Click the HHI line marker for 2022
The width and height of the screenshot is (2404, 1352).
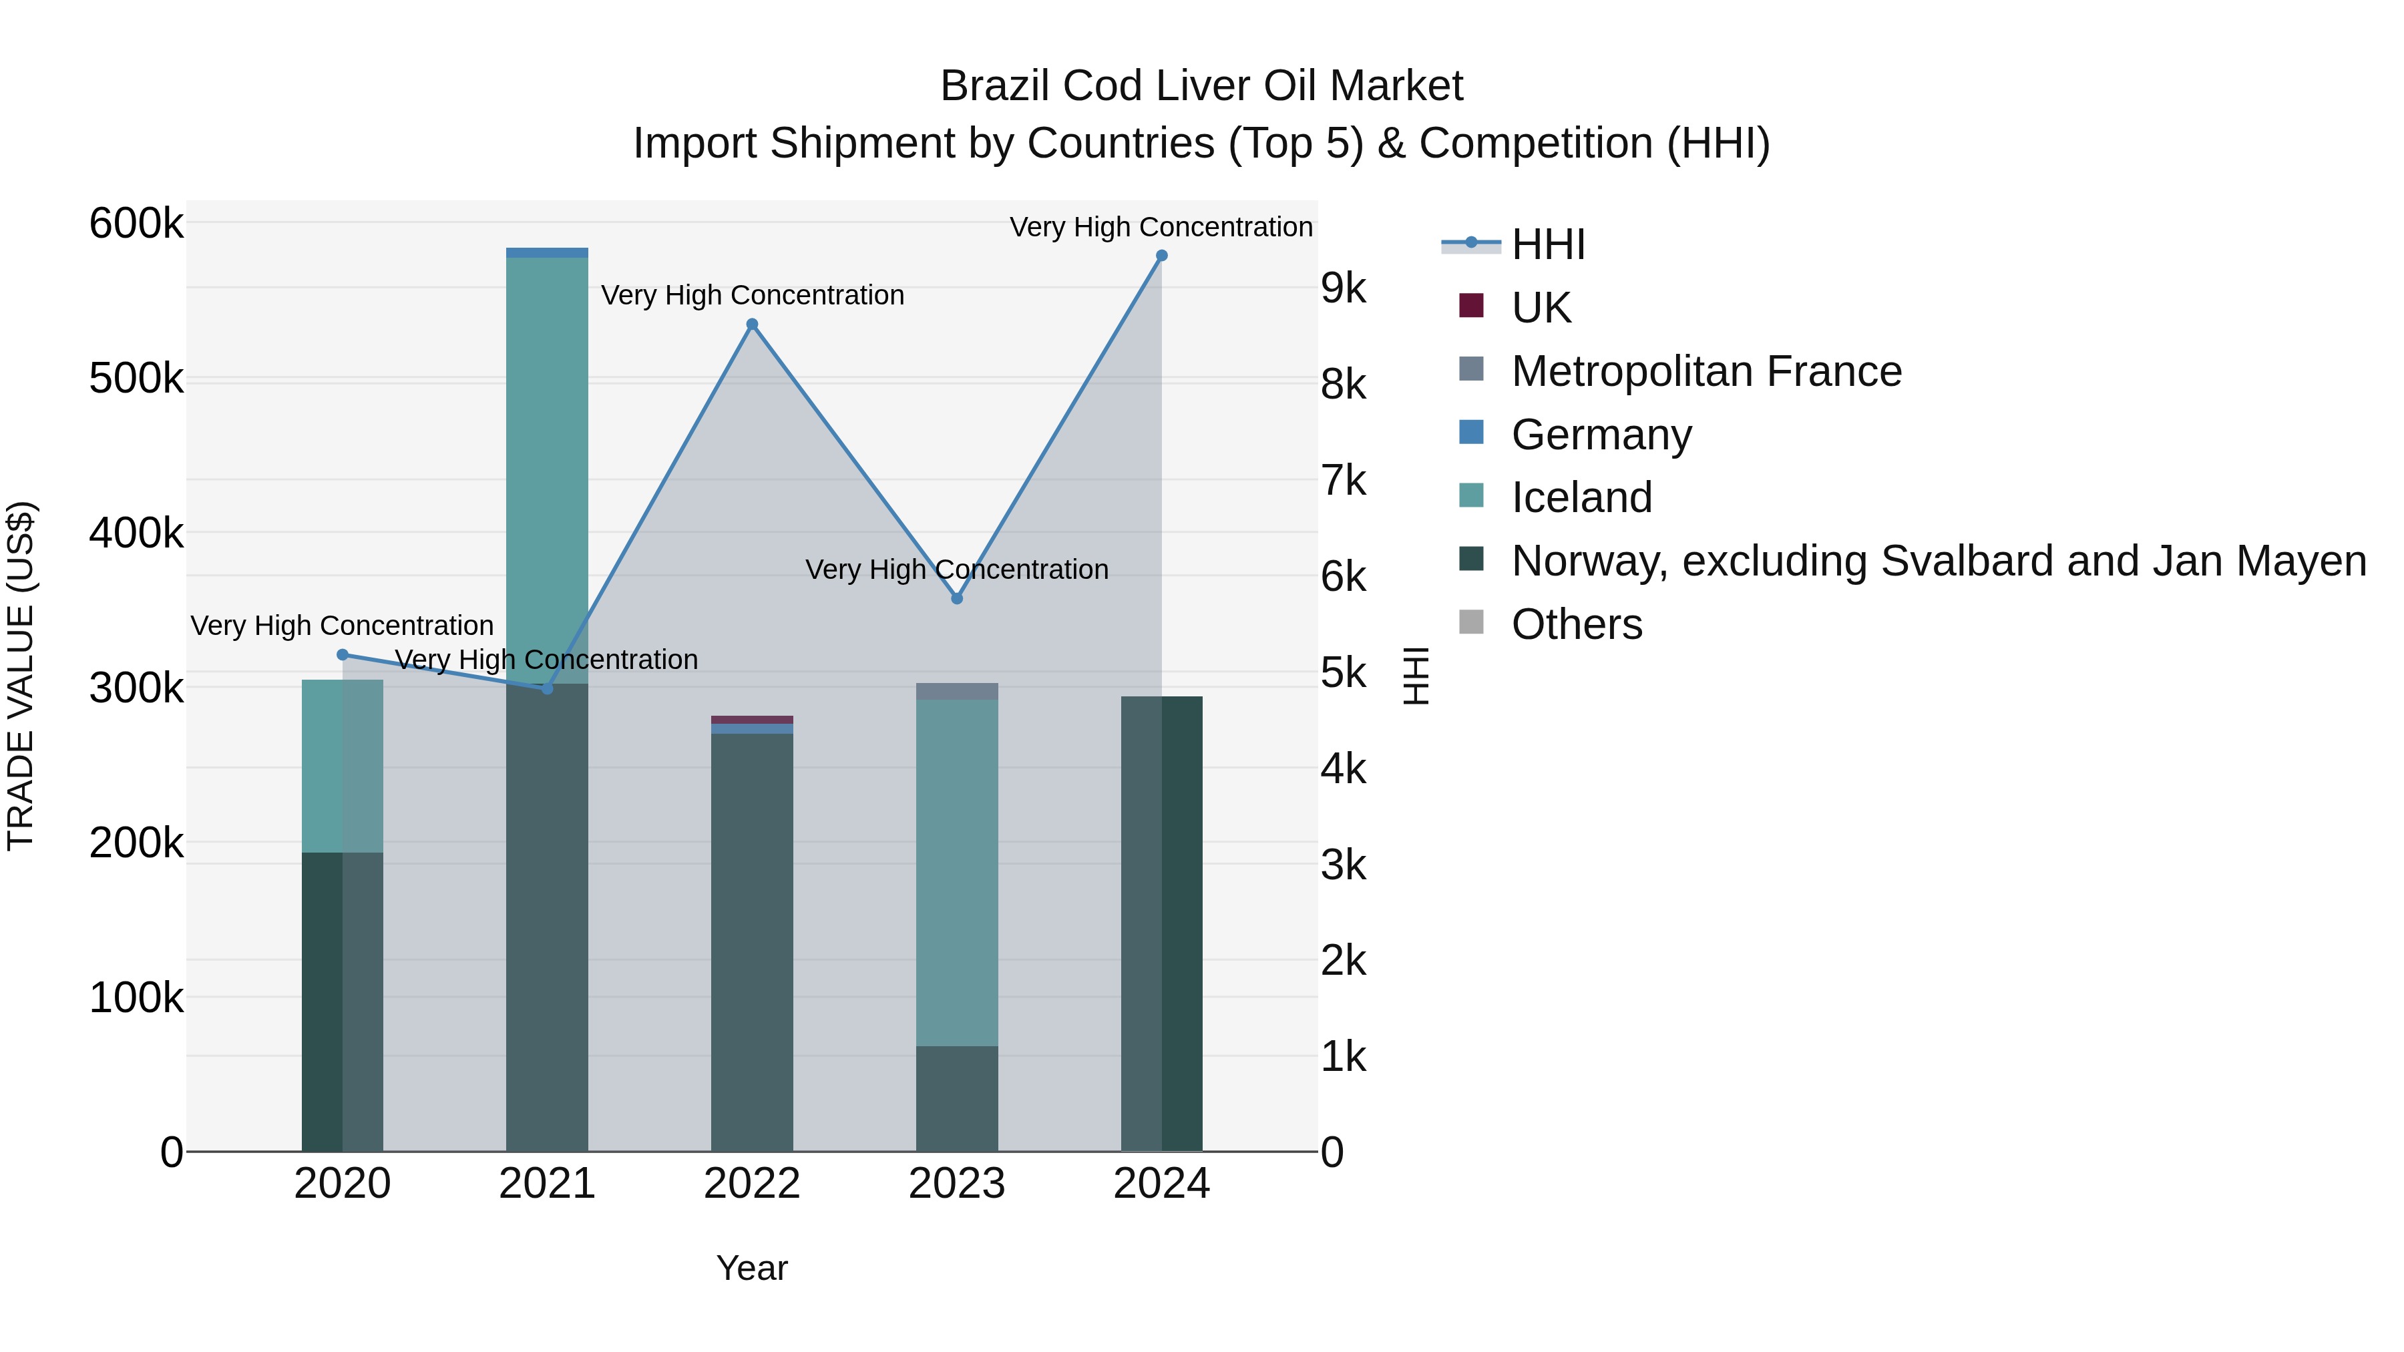point(752,324)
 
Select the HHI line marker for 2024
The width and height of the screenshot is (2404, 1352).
point(1162,256)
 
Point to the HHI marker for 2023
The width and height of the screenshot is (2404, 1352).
point(956,598)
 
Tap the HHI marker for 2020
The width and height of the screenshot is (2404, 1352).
point(343,655)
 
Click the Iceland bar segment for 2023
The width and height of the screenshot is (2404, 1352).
point(956,873)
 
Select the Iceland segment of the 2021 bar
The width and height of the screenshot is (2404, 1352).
point(547,467)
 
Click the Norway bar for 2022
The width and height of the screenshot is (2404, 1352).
point(752,942)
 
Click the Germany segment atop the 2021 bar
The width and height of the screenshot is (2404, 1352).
point(547,253)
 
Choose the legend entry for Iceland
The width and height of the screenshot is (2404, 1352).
point(1581,497)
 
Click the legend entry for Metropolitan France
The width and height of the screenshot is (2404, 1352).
point(1706,371)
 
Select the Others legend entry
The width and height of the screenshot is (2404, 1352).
point(1576,624)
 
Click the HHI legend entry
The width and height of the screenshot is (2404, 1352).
point(1547,244)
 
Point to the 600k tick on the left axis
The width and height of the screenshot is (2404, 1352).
point(136,224)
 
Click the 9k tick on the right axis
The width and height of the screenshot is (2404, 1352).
point(1343,289)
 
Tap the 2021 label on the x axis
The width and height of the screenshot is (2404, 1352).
point(547,1184)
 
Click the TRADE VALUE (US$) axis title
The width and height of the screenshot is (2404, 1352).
point(21,676)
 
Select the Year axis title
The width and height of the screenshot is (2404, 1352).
point(752,1268)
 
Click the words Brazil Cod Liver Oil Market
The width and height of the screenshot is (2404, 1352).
point(1201,86)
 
